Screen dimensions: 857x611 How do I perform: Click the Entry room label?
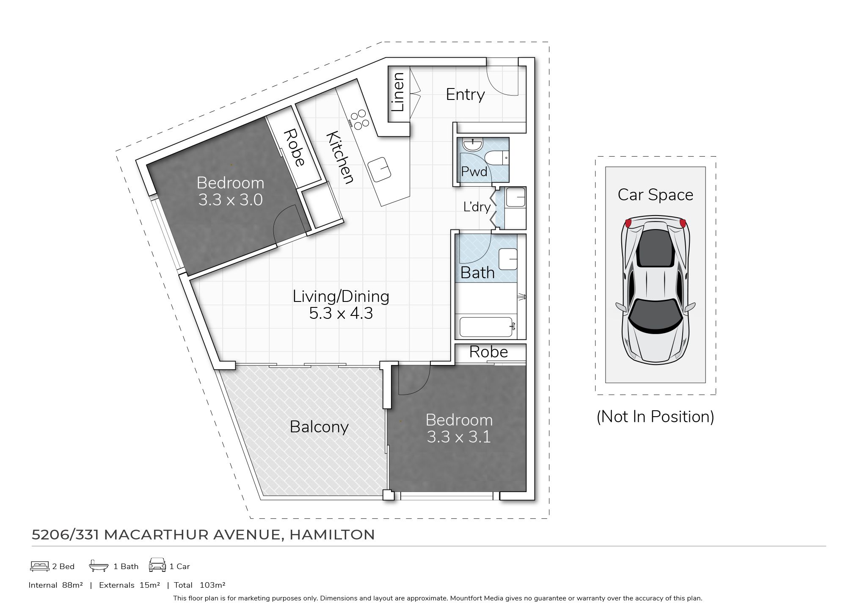[x=465, y=94]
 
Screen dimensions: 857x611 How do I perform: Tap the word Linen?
[x=398, y=92]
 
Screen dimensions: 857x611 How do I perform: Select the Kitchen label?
[x=340, y=158]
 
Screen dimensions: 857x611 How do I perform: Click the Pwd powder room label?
[x=474, y=171]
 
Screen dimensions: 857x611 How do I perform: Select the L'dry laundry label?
[x=477, y=207]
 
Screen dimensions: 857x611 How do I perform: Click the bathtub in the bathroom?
[x=487, y=326]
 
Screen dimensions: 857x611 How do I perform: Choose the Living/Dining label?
[x=341, y=296]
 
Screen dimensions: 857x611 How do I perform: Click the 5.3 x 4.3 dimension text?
[x=341, y=313]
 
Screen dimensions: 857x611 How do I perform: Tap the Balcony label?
[x=319, y=427]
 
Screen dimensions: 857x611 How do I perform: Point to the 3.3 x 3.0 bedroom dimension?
[x=231, y=200]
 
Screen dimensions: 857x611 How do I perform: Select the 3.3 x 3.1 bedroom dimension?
[x=459, y=437]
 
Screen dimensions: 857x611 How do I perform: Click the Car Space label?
[x=656, y=195]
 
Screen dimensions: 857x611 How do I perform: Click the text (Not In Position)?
[x=655, y=417]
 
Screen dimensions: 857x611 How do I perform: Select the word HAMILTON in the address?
[x=332, y=534]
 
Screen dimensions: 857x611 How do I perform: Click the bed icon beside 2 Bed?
[x=40, y=566]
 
